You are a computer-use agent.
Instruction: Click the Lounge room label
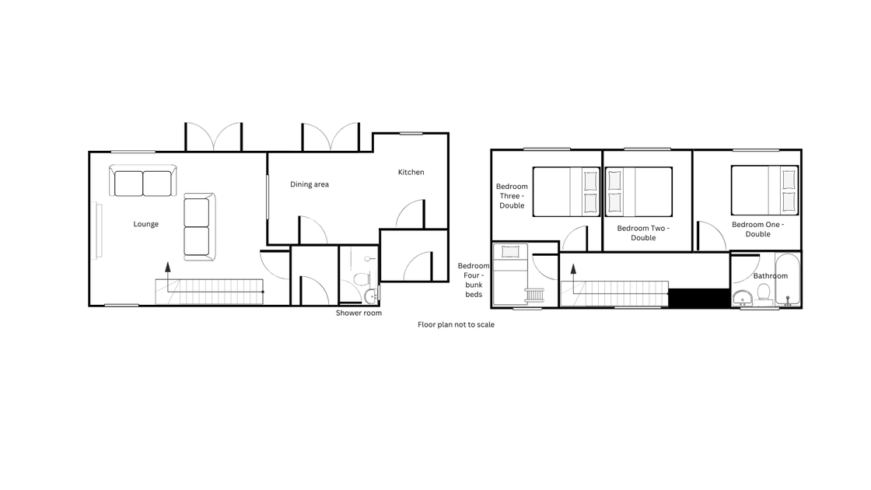146,224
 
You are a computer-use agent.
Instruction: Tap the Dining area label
310,184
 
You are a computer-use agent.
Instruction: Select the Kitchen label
411,172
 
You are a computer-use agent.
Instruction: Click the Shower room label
359,313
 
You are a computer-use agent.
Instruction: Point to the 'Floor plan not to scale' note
456,324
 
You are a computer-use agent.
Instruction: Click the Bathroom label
771,275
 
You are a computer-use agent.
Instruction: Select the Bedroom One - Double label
757,229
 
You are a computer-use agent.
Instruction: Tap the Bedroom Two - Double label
643,233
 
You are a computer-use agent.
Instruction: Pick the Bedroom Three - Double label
512,196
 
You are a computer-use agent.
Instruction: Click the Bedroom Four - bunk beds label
474,280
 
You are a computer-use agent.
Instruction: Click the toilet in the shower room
362,278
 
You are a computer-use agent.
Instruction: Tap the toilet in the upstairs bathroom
764,292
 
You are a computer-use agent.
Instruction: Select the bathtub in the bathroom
788,279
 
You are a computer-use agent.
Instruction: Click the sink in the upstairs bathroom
742,299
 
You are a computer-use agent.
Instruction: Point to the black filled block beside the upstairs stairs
699,298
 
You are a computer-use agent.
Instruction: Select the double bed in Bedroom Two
638,191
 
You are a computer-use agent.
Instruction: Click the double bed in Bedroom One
765,190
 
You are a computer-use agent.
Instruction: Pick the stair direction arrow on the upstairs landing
573,278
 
